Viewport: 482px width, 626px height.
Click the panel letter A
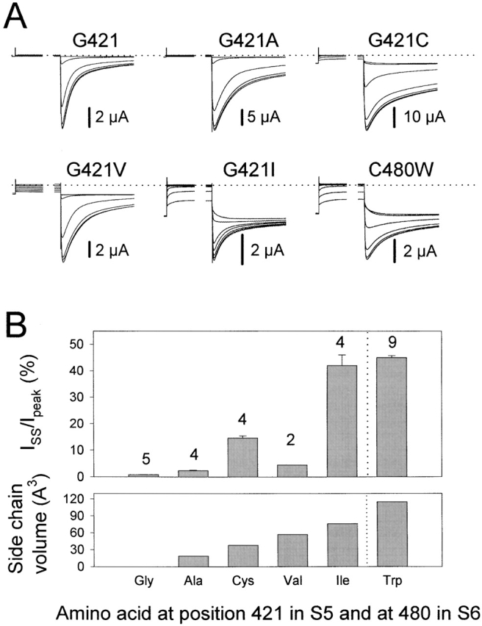click(x=18, y=17)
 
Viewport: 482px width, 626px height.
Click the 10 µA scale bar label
click(x=422, y=116)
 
